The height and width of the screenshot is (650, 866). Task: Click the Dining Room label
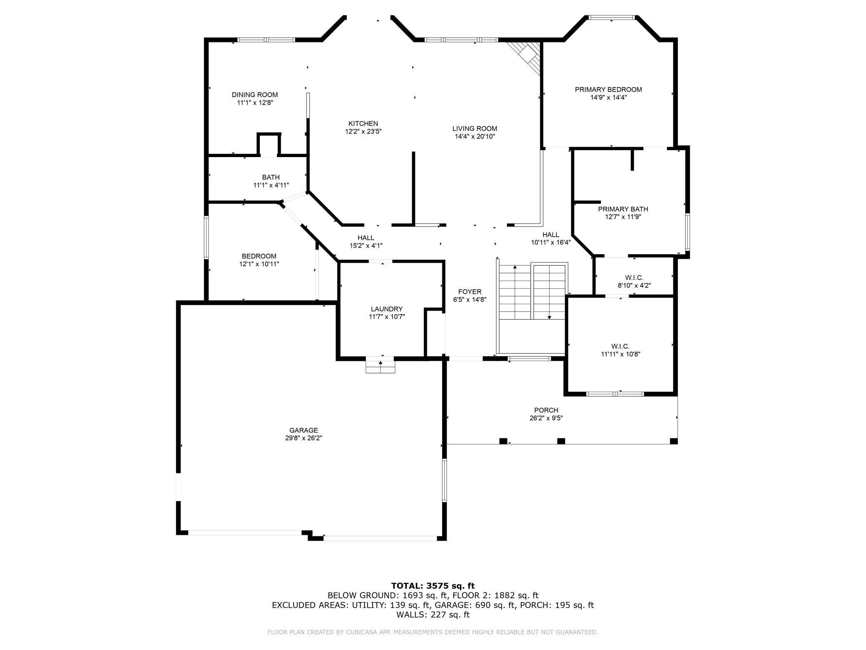click(254, 95)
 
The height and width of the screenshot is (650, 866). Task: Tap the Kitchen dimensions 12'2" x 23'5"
click(363, 131)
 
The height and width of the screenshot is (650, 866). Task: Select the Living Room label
click(475, 128)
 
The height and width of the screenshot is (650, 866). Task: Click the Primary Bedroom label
click(608, 89)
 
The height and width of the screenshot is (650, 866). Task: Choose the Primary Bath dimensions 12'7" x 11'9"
click(623, 217)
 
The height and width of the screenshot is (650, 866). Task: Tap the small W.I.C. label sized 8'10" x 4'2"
click(634, 277)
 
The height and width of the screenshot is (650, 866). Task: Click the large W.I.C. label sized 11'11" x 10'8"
click(620, 346)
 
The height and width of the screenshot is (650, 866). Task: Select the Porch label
click(546, 410)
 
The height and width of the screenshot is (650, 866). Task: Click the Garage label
click(304, 430)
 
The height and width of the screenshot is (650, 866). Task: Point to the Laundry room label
click(387, 309)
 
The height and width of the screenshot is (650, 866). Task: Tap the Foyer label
click(470, 292)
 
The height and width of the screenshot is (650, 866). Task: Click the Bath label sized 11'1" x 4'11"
click(271, 177)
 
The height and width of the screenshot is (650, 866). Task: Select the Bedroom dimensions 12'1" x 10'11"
click(259, 264)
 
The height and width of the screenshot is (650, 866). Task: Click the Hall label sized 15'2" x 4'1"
click(366, 237)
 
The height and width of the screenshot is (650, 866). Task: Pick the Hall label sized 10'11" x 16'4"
click(551, 235)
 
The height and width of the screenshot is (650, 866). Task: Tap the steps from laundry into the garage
click(380, 367)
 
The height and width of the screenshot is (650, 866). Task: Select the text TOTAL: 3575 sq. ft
click(433, 586)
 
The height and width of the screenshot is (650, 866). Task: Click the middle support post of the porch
click(561, 441)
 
